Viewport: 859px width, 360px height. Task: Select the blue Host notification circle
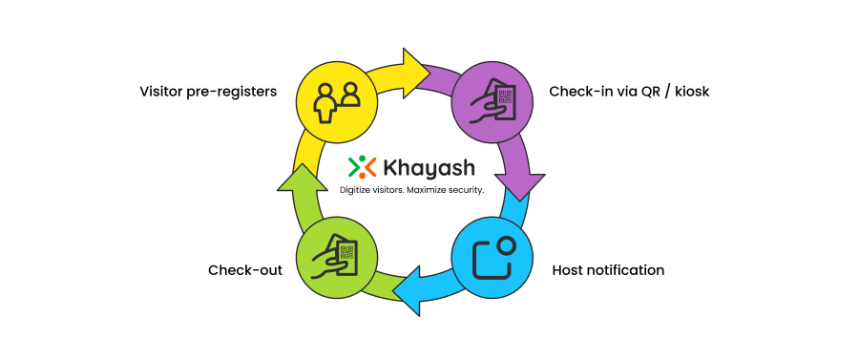(x=492, y=256)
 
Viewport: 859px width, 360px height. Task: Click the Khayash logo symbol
(x=362, y=167)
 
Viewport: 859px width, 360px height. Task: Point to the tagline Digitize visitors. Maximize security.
(x=412, y=190)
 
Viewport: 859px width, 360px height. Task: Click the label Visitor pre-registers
(x=208, y=93)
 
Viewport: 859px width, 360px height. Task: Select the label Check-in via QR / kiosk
(x=629, y=93)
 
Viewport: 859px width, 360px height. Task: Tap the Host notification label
(x=608, y=270)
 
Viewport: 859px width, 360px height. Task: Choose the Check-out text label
(x=245, y=270)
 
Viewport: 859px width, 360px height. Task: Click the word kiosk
(x=689, y=93)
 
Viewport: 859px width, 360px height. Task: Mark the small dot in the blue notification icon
(x=507, y=245)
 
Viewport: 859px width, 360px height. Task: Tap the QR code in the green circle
(x=346, y=252)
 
